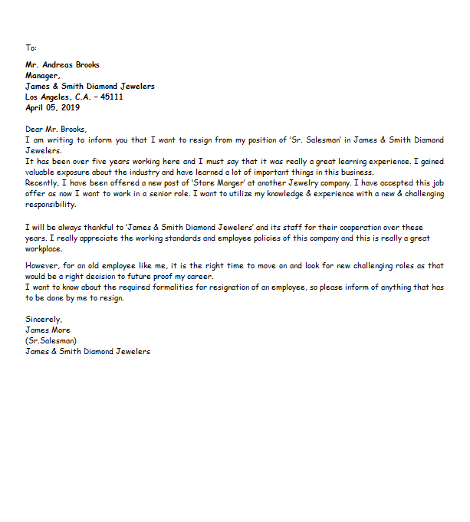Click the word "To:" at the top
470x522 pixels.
[x=31, y=48]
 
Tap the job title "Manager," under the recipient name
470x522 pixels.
[x=42, y=76]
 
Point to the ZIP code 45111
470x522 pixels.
[x=111, y=97]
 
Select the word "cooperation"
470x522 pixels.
[x=347, y=228]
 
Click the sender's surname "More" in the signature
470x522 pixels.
[x=60, y=330]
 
